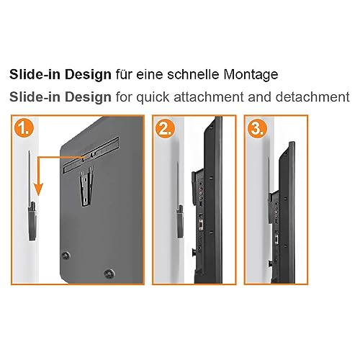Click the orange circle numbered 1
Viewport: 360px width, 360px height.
24,129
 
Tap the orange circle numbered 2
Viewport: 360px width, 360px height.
165,129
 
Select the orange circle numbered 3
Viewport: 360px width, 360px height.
257,129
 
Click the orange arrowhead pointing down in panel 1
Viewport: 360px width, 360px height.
38,189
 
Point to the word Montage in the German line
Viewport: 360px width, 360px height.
251,75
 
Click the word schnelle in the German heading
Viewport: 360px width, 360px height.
193,74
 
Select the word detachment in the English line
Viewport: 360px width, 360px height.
312,97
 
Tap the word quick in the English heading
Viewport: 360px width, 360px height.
153,98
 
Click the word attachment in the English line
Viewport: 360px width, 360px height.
209,97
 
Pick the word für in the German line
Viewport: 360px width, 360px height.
124,74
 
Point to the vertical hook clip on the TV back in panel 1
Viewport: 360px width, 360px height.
86,186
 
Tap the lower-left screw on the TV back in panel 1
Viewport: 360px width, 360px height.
66,256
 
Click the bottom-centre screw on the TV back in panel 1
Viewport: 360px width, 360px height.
109,274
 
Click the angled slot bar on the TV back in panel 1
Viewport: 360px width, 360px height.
91,154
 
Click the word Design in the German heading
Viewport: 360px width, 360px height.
88,75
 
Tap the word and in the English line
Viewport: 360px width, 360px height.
260,97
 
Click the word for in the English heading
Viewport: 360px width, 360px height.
124,97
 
